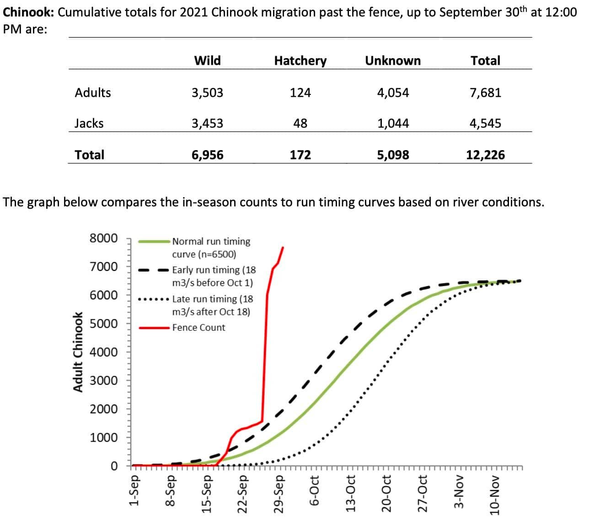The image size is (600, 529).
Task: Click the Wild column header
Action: (207, 60)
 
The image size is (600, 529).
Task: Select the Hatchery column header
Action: (300, 60)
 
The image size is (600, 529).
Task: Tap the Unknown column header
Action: (393, 60)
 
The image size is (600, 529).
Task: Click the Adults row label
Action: (93, 92)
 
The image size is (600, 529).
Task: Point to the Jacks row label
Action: (89, 123)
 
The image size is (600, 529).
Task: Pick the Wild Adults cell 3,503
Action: (207, 92)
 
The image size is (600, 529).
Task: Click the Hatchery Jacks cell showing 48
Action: (300, 123)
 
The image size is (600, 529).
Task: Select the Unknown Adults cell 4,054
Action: (393, 92)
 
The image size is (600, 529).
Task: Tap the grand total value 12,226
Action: (485, 155)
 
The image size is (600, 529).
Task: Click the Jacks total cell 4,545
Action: (485, 123)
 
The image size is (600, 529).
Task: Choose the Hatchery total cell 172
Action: (300, 155)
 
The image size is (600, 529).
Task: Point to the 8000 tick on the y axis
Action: (104, 238)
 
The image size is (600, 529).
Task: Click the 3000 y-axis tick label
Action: (104, 381)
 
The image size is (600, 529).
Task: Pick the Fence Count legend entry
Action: (198, 328)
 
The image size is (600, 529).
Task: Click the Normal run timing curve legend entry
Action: (211, 248)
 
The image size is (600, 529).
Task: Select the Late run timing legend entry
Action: (212, 305)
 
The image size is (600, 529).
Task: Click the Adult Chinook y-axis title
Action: (79, 351)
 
